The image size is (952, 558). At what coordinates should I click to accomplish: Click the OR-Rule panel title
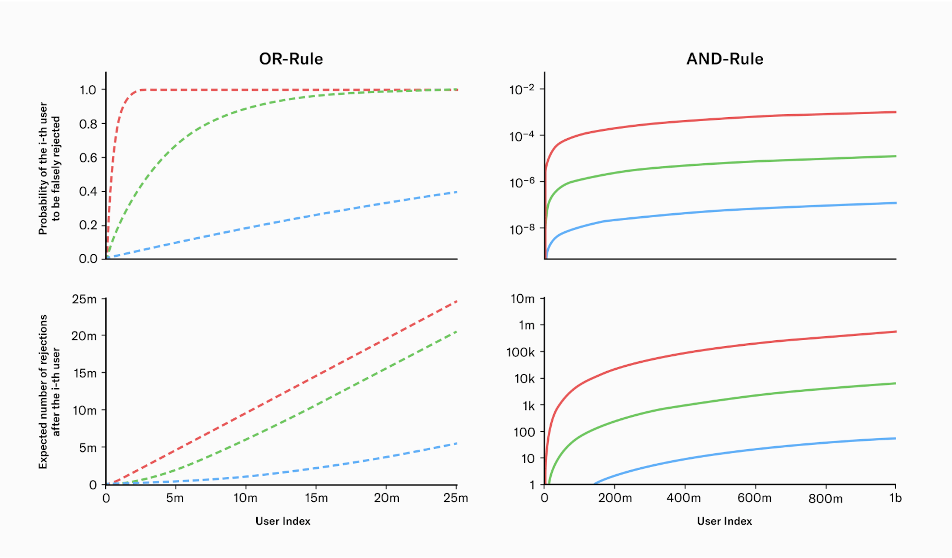291,59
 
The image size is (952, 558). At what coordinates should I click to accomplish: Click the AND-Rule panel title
725,59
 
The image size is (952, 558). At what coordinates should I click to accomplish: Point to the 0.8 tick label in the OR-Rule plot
88,124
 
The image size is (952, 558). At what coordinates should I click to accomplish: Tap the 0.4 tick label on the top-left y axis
88,192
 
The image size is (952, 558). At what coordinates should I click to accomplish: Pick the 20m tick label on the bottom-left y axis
84,336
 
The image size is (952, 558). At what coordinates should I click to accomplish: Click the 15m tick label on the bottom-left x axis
316,498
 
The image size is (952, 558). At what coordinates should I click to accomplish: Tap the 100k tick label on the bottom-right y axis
520,352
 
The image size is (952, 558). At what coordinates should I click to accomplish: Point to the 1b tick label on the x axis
895,498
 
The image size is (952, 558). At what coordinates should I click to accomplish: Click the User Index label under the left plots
283,521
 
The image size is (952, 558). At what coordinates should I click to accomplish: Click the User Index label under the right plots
724,521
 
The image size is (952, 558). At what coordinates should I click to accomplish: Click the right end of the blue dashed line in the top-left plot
457,192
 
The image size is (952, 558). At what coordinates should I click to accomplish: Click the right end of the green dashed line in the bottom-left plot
457,331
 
